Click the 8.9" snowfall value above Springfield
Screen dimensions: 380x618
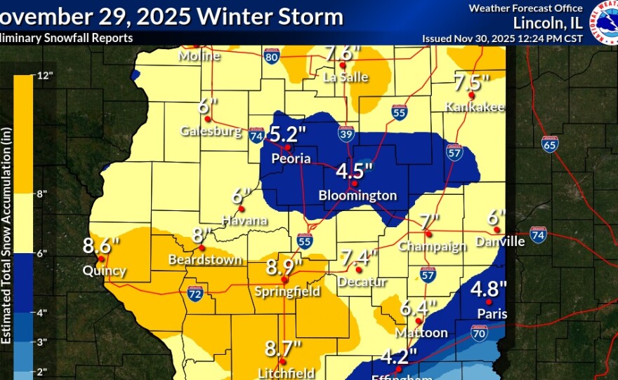point(284,266)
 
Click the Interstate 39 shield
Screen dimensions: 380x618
point(346,135)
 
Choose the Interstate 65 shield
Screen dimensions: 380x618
point(551,145)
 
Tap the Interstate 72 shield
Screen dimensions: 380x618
point(196,292)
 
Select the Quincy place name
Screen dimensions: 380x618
point(104,271)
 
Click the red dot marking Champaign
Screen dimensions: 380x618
point(428,234)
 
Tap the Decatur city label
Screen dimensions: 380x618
point(363,282)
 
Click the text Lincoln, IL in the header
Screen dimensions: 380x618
point(548,22)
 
